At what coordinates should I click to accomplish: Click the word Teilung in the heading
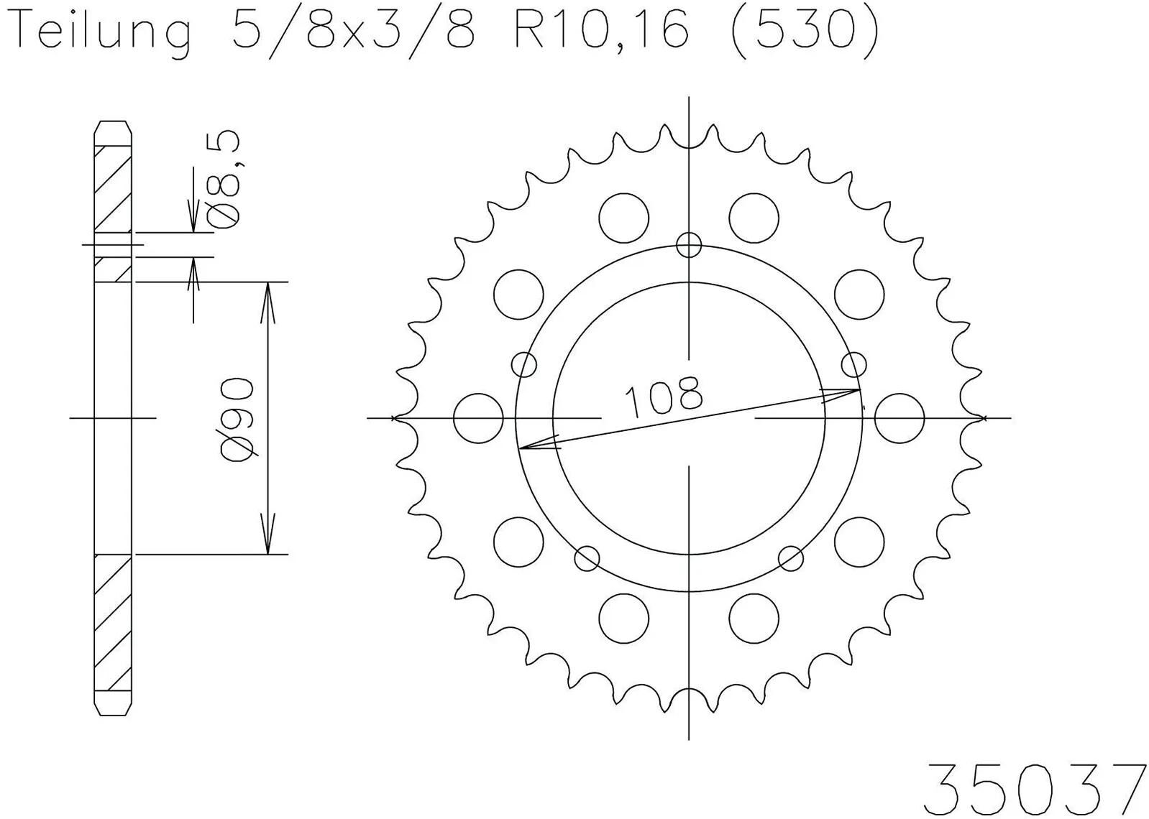click(x=104, y=32)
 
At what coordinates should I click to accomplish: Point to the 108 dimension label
click(x=663, y=397)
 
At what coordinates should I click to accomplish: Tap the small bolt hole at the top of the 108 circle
click(x=688, y=245)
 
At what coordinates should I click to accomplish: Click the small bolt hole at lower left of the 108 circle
click(x=587, y=558)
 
